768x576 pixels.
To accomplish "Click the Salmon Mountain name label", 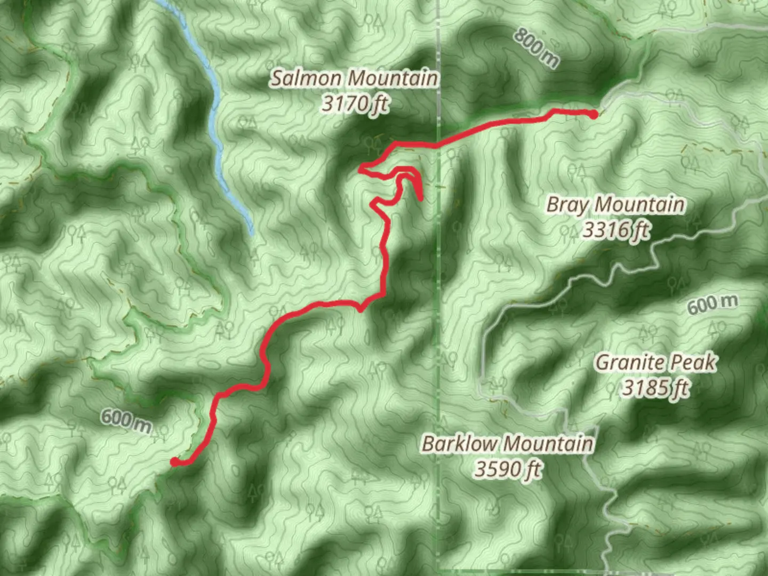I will click(354, 78).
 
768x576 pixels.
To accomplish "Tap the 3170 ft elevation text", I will click(354, 103).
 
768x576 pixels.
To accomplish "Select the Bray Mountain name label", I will click(615, 204).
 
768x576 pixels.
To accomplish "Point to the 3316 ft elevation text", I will click(615, 230).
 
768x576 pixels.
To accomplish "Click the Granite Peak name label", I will click(655, 363).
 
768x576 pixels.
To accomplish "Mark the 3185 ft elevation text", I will click(655, 388).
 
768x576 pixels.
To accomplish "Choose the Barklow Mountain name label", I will click(507, 443).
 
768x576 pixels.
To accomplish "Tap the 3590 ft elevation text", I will click(507, 469).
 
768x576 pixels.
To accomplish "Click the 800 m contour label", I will click(537, 48).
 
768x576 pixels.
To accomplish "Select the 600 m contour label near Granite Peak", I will click(712, 304).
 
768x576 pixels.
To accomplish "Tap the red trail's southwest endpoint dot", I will click(175, 462).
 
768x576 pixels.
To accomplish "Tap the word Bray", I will click(568, 205).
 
